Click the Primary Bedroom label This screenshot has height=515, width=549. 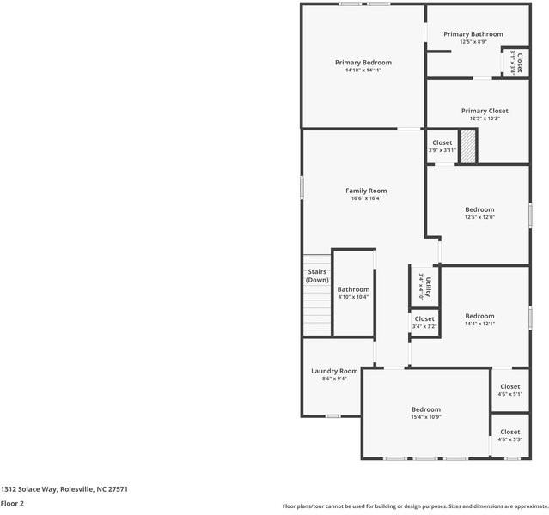point(363,63)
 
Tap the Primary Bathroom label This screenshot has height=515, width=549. point(473,34)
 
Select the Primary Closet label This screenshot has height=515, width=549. point(484,111)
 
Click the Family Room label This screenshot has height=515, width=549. point(366,191)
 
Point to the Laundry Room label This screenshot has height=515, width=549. point(334,371)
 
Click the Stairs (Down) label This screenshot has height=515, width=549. point(317,276)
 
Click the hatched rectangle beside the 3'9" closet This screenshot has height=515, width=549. point(467,146)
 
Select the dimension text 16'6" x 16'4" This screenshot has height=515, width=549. point(366,198)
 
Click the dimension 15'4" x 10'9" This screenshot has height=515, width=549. point(425,417)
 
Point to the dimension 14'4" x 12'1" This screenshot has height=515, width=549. point(479,324)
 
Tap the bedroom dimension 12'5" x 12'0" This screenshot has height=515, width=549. point(479,217)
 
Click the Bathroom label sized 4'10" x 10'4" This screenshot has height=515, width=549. point(353,289)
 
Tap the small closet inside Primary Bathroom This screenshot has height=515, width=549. point(515,63)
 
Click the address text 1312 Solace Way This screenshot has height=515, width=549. point(64,488)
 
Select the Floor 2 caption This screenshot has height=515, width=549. point(12,504)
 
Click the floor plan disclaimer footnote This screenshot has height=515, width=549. point(415,506)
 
